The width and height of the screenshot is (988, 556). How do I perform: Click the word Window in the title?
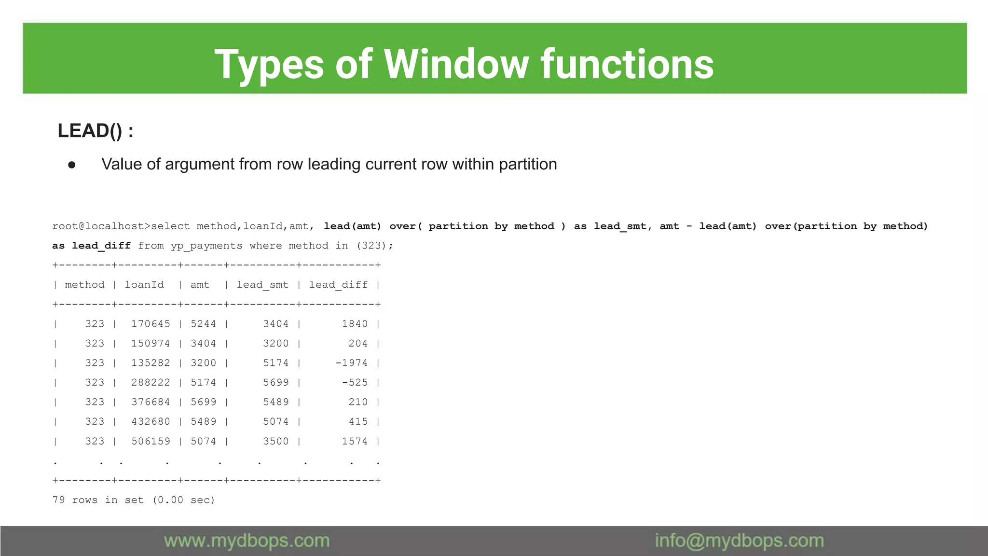pyautogui.click(x=456, y=64)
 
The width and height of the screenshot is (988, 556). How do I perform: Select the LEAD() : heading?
pyautogui.click(x=96, y=131)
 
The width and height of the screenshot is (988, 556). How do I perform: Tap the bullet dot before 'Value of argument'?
pyautogui.click(x=72, y=165)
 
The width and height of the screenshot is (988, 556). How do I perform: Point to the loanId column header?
pyautogui.click(x=144, y=285)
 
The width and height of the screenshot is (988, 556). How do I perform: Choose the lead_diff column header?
pyautogui.click(x=338, y=285)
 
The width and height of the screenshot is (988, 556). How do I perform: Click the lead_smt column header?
pyautogui.click(x=262, y=285)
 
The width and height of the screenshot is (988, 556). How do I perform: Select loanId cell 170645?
pyautogui.click(x=151, y=324)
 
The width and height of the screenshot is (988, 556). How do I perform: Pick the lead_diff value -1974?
pyautogui.click(x=351, y=363)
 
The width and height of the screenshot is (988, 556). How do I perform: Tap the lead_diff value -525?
pyautogui.click(x=355, y=382)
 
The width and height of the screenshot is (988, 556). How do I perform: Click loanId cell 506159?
pyautogui.click(x=151, y=441)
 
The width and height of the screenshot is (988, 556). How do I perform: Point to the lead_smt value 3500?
pyautogui.click(x=275, y=441)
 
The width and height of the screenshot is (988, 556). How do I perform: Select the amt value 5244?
pyautogui.click(x=203, y=324)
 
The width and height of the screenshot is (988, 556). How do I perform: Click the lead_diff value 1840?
pyautogui.click(x=355, y=324)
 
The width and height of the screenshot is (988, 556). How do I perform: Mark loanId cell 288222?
pyautogui.click(x=151, y=382)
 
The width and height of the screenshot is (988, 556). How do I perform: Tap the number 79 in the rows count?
pyautogui.click(x=58, y=500)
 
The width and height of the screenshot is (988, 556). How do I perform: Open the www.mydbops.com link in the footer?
pyautogui.click(x=247, y=541)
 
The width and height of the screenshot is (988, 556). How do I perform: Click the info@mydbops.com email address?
pyautogui.click(x=739, y=541)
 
